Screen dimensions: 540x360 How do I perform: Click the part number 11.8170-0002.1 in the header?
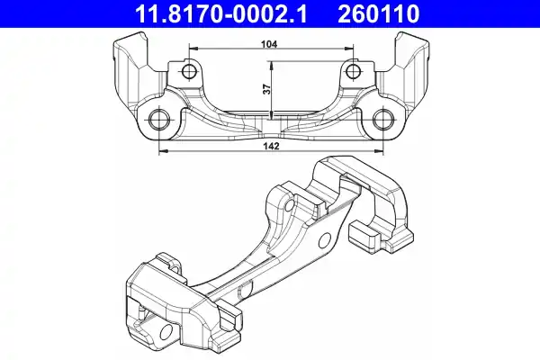[x=220, y=13]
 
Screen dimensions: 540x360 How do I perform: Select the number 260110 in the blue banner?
[x=378, y=13]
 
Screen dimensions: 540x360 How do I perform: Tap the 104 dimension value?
[x=269, y=44]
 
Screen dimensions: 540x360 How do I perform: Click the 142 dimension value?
[x=272, y=146]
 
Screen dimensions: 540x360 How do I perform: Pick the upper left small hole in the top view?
[x=188, y=72]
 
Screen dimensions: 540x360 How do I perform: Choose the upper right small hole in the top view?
[x=353, y=72]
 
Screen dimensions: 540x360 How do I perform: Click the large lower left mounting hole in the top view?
[x=158, y=119]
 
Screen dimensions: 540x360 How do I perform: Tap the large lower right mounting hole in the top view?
[x=383, y=119]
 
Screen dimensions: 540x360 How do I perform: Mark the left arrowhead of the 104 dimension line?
[x=193, y=49]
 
